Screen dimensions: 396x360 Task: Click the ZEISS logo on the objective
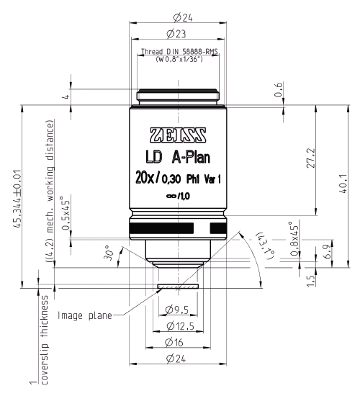coord(177,135)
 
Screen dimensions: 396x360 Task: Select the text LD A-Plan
coord(177,158)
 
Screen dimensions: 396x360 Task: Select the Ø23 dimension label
coord(176,34)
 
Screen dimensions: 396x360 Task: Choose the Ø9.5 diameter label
coord(177,310)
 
